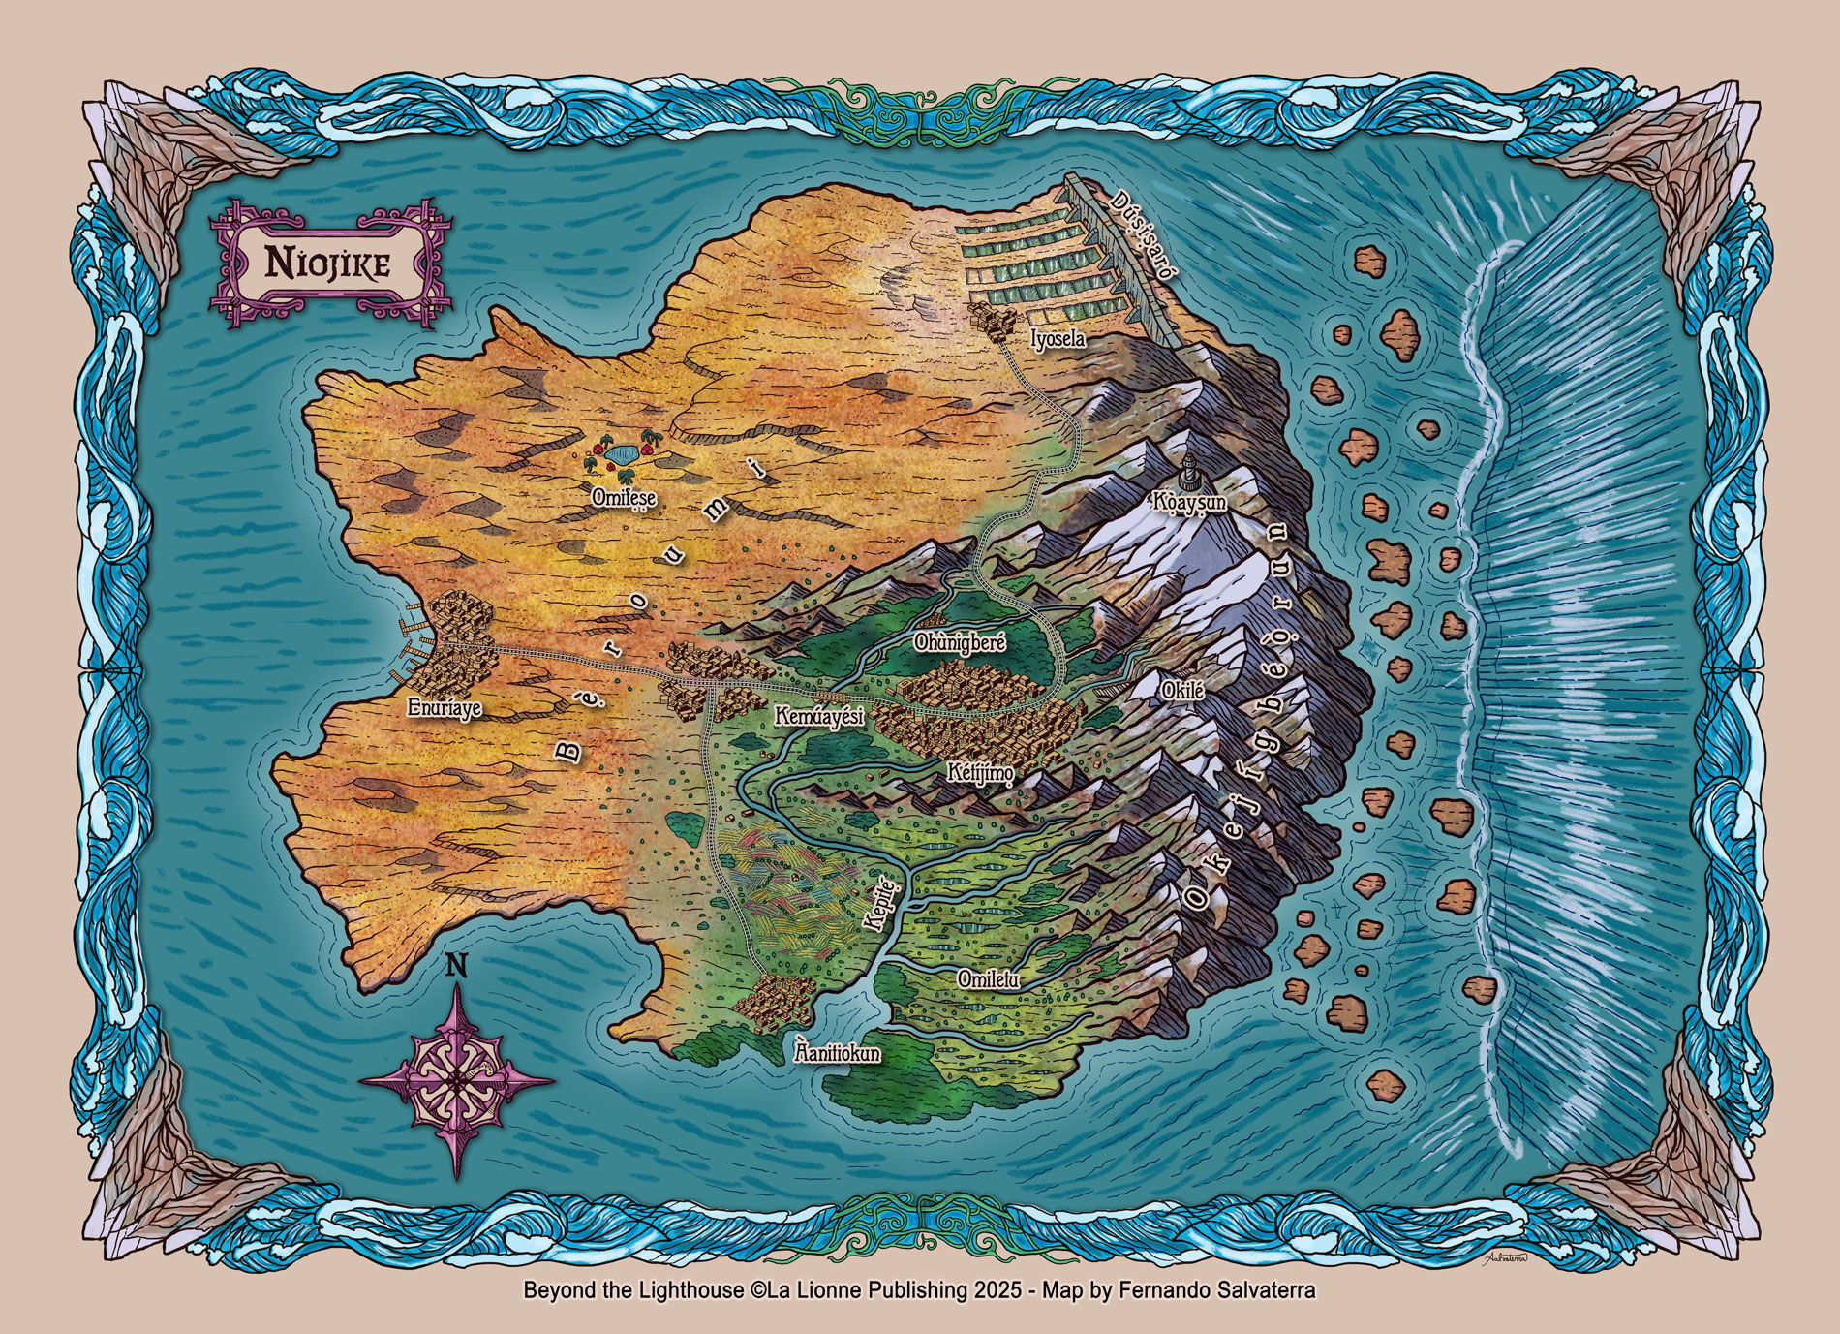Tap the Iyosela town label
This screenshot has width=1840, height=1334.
coord(1058,339)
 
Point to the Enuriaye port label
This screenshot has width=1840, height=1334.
coord(445,708)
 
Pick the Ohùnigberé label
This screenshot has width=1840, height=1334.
coord(962,641)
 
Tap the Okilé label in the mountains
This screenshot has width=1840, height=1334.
coord(1181,690)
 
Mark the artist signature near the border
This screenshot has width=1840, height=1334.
coord(1497,1257)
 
